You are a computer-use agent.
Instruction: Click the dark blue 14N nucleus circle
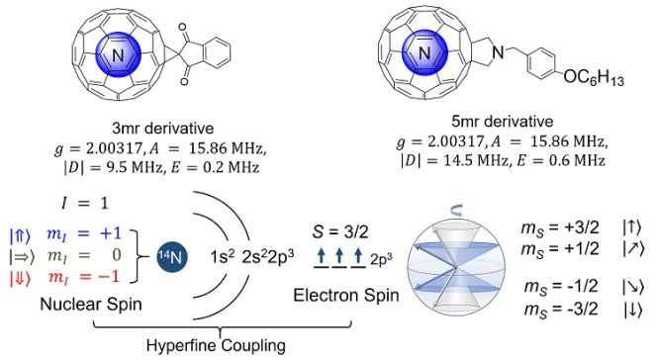coord(172,256)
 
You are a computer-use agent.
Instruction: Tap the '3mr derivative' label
coord(163,128)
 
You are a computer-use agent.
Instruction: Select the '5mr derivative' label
coord(502,122)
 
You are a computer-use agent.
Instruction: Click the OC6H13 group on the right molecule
coord(594,77)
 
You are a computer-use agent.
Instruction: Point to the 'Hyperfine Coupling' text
coord(216,346)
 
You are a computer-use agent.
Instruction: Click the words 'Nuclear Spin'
coord(91,305)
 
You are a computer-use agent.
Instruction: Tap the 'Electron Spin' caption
coord(345,296)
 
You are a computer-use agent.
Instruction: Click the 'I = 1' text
coord(84,204)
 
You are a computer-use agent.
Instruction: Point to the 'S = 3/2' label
coord(340,232)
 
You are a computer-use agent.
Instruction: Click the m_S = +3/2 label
coord(560,227)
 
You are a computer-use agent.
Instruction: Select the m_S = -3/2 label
coord(561,311)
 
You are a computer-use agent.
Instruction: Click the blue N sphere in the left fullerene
coord(118,54)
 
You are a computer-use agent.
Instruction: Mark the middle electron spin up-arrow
coord(340,255)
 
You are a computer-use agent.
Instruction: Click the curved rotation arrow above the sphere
coord(456,212)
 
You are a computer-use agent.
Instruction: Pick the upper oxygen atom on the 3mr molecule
coord(182,28)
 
